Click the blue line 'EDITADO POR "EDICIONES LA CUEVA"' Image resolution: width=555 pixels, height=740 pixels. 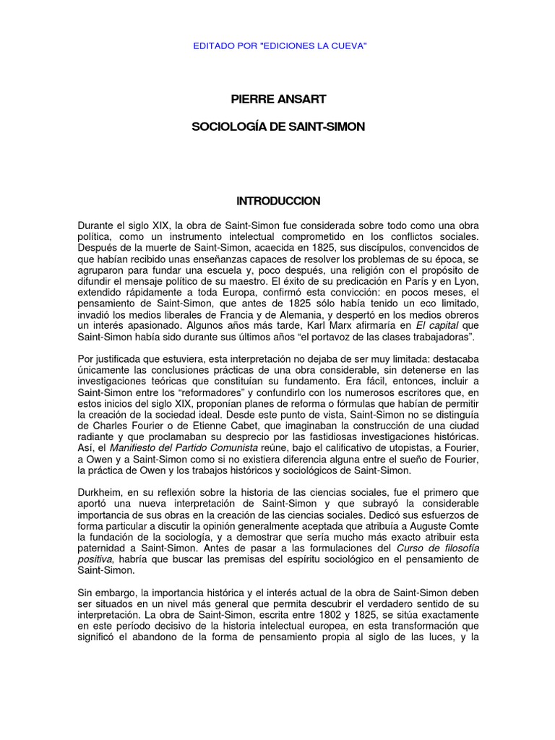point(277,46)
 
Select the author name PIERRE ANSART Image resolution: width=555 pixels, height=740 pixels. point(277,98)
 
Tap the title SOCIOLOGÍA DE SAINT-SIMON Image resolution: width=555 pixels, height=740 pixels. point(277,126)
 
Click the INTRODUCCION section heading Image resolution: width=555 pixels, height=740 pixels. point(278,200)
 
